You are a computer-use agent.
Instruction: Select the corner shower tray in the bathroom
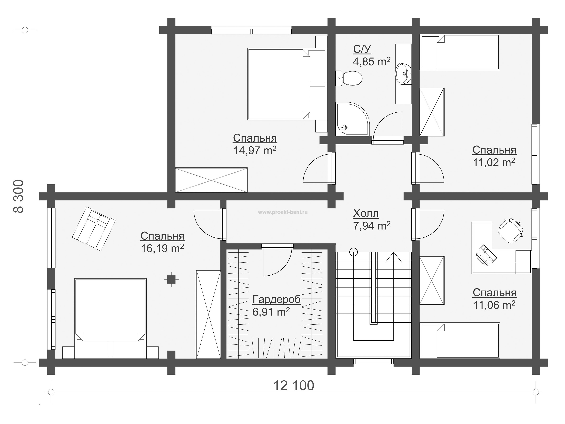352,119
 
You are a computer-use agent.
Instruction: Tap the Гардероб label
277,299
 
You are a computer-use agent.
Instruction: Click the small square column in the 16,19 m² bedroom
171,279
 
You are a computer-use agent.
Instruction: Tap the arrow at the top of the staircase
394,257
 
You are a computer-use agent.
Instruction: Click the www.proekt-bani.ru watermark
283,212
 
